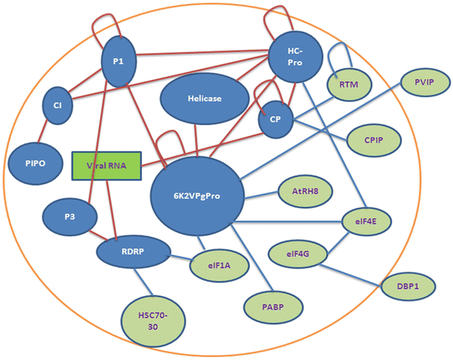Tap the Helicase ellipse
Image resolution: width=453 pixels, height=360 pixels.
click(205, 99)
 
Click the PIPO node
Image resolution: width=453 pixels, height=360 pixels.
click(31, 161)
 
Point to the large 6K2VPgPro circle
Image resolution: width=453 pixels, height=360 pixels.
click(199, 198)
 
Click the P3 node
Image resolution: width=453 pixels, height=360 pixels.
click(69, 216)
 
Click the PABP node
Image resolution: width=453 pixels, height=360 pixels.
click(271, 305)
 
